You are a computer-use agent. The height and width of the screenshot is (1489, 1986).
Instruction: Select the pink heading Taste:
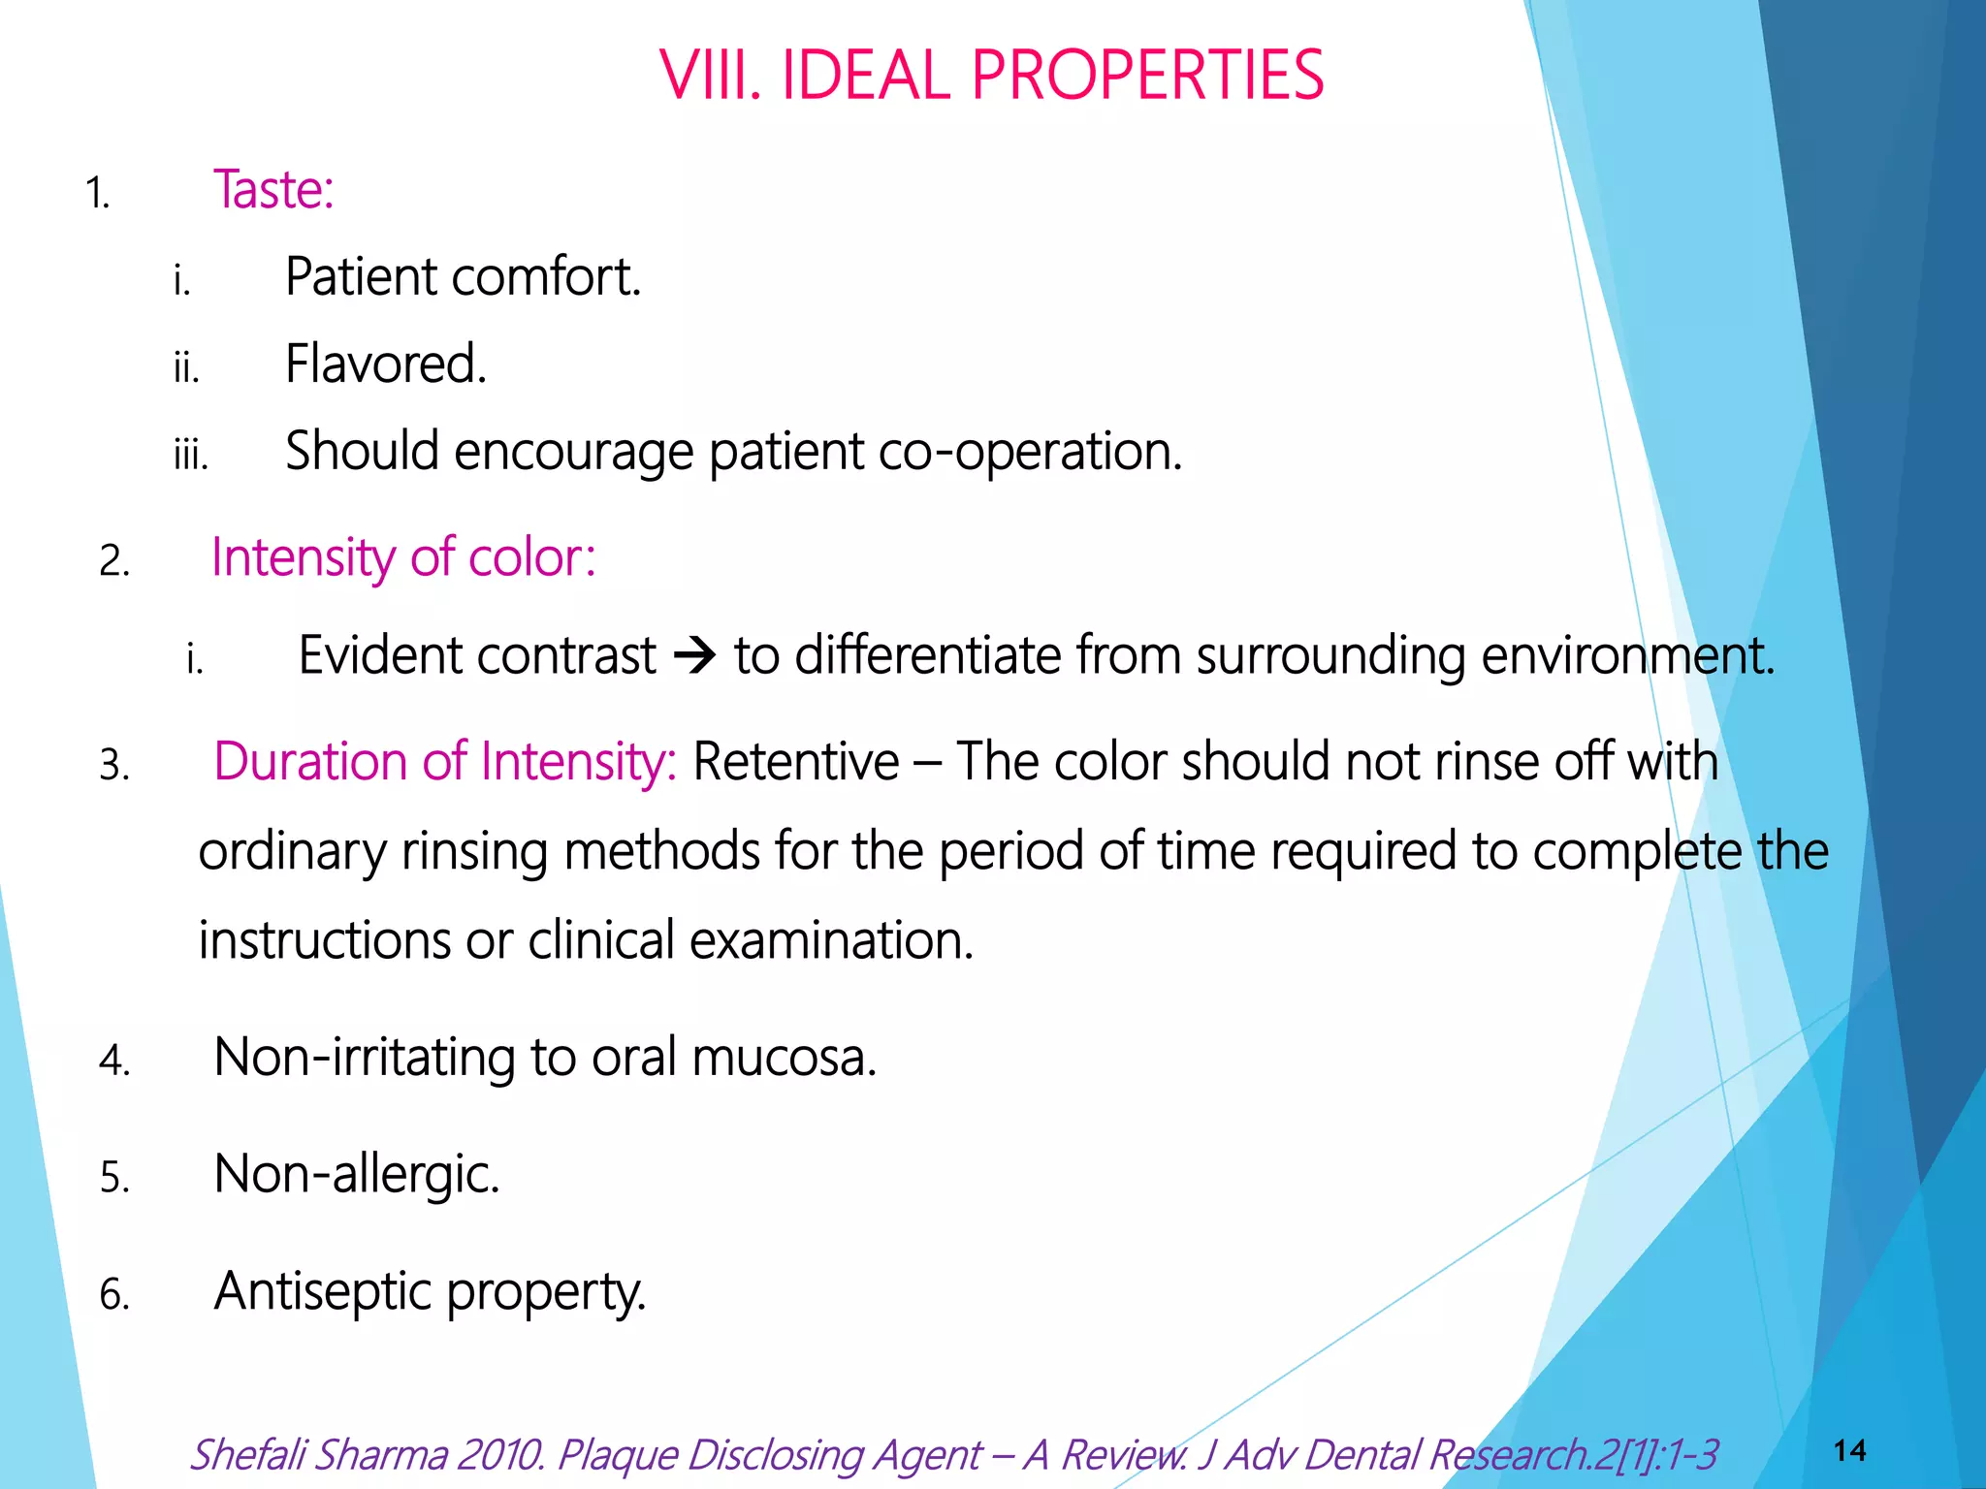[x=273, y=189]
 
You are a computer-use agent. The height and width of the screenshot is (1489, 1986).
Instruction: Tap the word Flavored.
[x=385, y=364]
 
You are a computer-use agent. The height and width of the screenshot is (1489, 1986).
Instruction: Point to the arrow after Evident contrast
[x=694, y=657]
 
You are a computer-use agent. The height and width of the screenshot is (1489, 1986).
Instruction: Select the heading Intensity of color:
[x=403, y=558]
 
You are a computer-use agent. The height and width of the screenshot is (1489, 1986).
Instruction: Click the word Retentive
[x=795, y=762]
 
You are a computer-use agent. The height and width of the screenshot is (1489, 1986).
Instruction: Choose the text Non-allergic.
[x=356, y=1175]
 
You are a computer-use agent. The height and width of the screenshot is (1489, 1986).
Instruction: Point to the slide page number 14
[x=1849, y=1451]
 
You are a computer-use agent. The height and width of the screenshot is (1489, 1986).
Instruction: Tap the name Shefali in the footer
[x=246, y=1455]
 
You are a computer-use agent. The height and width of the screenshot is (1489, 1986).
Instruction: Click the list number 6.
[x=113, y=1296]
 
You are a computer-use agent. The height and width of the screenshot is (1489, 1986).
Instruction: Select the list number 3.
[x=113, y=766]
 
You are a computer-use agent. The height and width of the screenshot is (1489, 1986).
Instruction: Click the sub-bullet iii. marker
[x=190, y=455]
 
